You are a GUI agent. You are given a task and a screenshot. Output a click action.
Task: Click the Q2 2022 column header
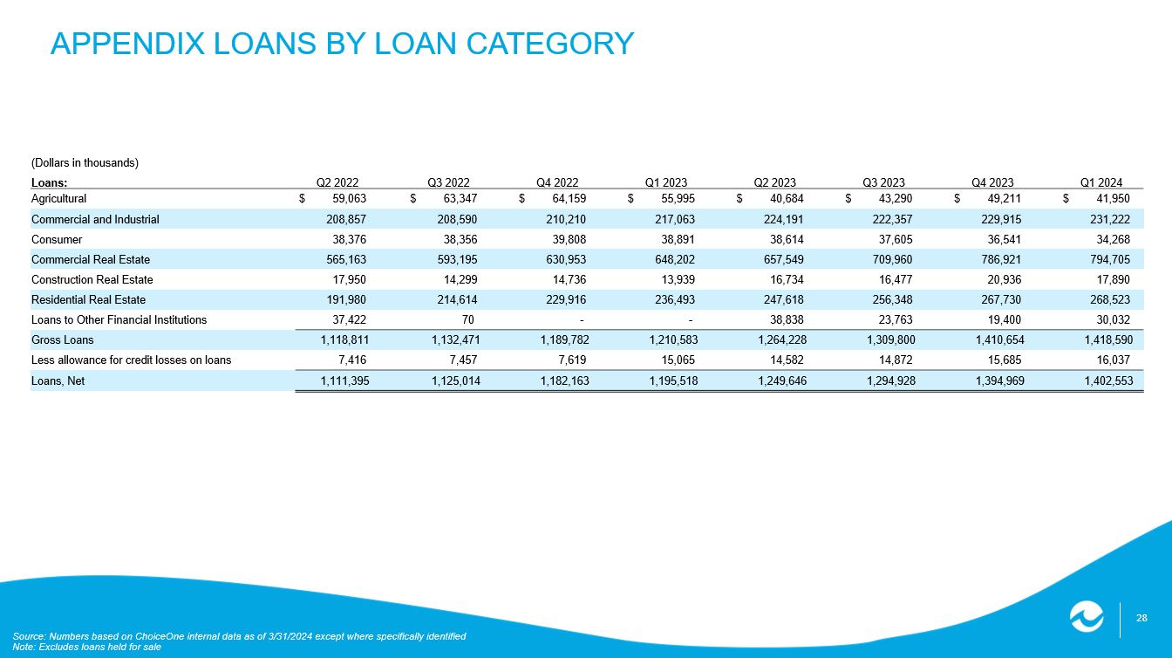tap(337, 182)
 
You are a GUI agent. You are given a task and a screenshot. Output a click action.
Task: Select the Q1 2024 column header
tap(1101, 182)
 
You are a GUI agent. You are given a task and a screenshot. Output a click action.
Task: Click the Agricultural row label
tap(58, 199)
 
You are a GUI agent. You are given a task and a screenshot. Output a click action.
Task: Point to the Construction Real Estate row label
tap(92, 280)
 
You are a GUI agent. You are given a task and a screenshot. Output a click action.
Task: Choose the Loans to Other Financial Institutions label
tap(119, 320)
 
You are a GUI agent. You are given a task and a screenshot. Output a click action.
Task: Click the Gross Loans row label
tap(62, 340)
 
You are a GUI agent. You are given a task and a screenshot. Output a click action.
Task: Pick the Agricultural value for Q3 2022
tap(457, 199)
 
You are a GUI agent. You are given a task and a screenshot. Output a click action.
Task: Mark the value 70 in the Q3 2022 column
tap(468, 320)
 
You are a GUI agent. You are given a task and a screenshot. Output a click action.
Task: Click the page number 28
tap(1141, 618)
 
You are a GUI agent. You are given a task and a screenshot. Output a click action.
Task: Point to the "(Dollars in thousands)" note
tap(85, 163)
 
